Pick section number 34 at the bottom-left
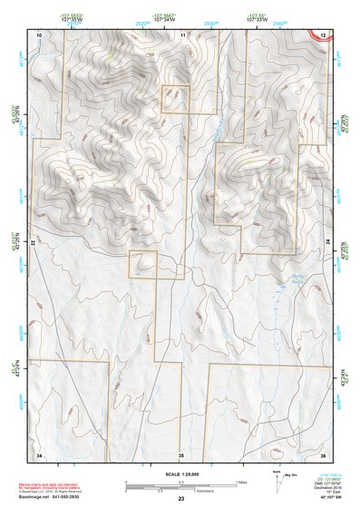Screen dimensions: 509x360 [38, 454]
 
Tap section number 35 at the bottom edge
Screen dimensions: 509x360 [180, 454]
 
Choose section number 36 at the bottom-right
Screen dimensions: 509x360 [323, 454]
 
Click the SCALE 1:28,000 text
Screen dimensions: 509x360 [180, 474]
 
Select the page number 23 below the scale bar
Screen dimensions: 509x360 [180, 499]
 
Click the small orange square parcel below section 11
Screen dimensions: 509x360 [175, 100]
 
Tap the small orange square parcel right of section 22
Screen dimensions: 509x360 [142, 265]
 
